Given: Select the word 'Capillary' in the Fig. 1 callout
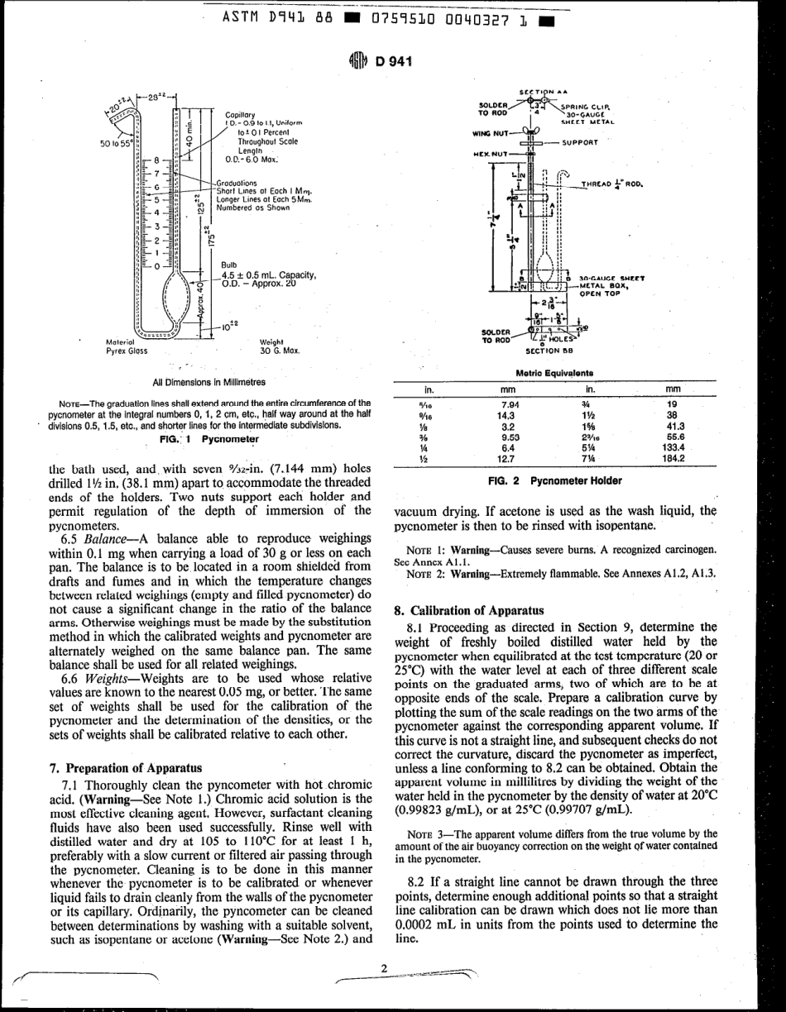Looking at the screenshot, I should pyautogui.click(x=239, y=115).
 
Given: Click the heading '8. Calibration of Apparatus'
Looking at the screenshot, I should pyautogui.click(x=460, y=611).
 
